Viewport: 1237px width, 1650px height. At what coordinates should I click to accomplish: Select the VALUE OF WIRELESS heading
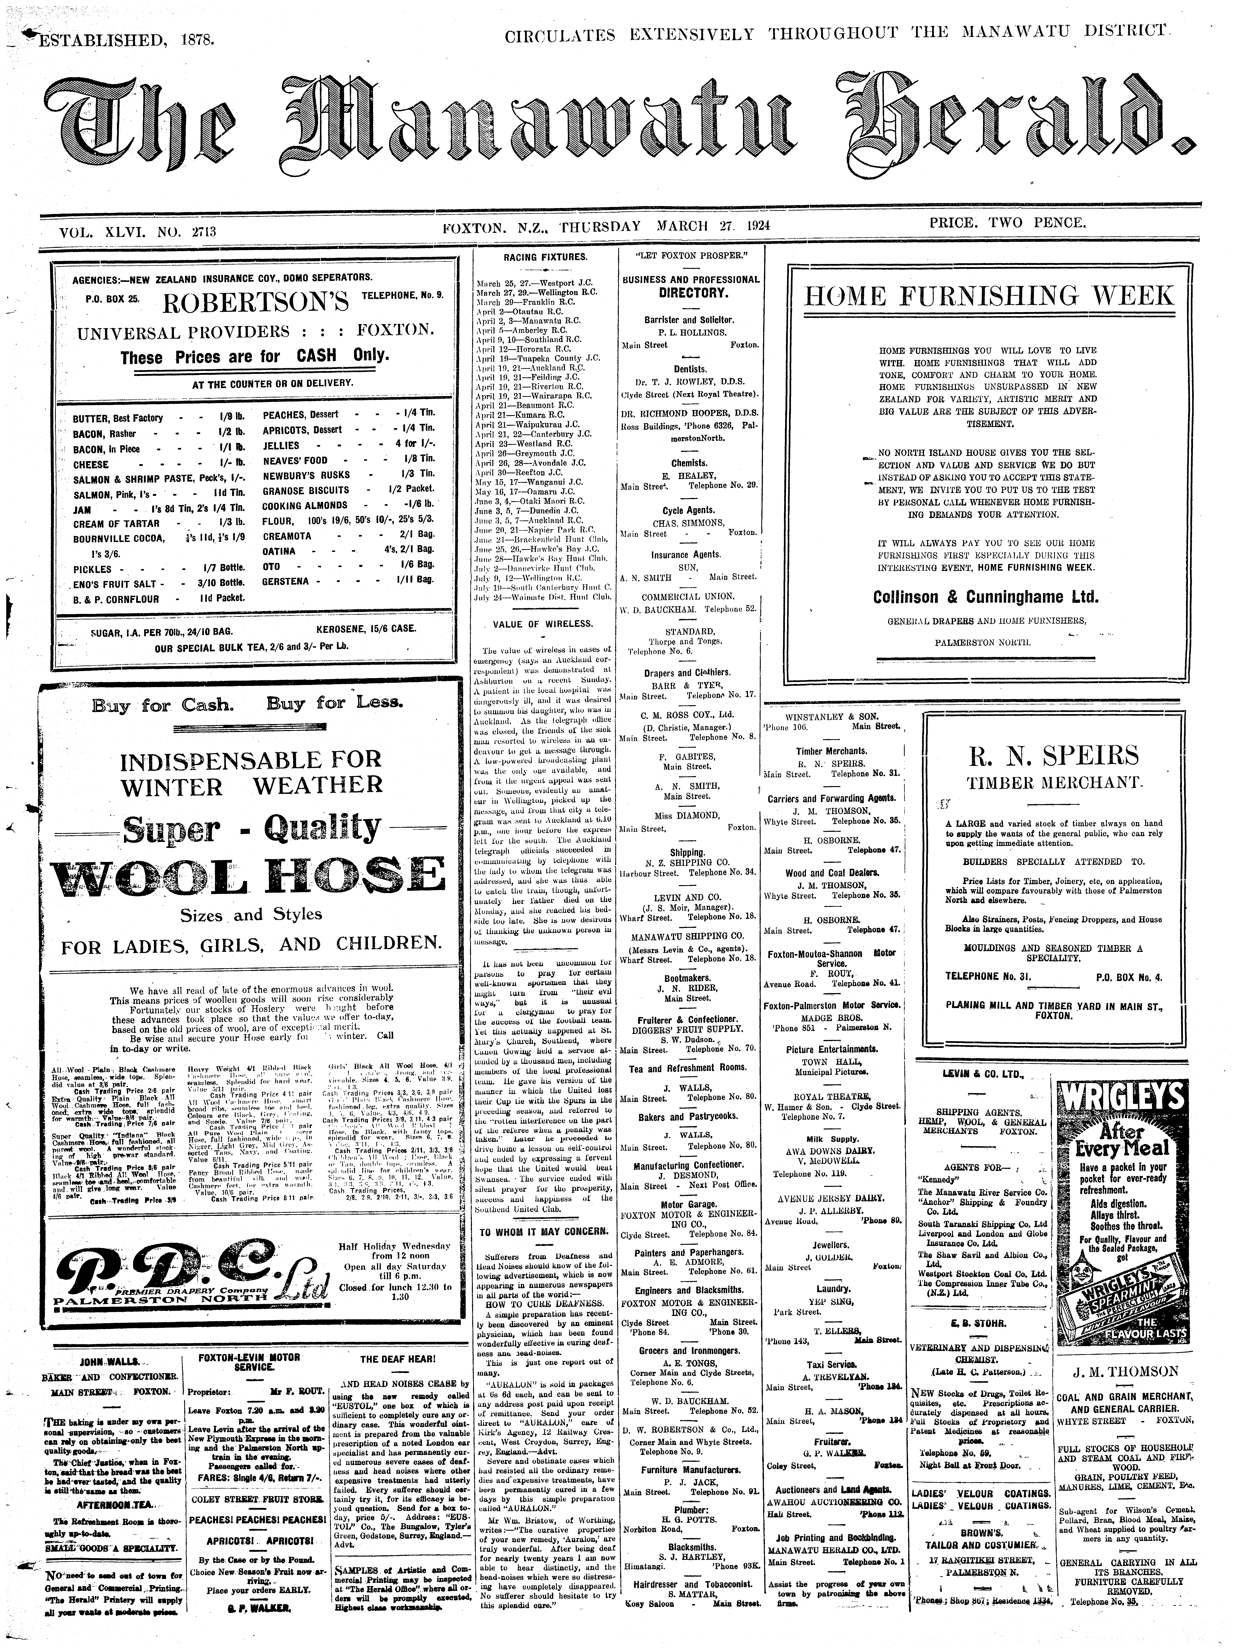click(543, 624)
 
